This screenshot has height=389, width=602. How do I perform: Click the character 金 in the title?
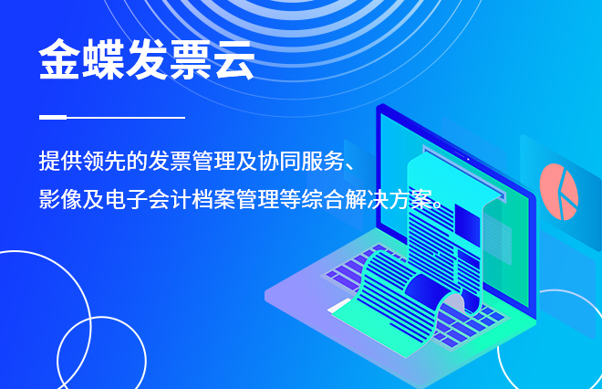[59, 59]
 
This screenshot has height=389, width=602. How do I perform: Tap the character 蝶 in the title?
[103, 59]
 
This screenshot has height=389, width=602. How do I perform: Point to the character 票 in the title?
[191, 59]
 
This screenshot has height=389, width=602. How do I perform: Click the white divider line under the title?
[112, 117]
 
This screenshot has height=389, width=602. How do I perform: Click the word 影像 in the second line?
[60, 199]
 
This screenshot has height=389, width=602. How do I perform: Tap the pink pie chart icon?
[558, 192]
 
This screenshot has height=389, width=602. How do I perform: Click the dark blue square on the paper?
[467, 225]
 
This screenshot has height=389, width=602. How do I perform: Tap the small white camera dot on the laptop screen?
[468, 159]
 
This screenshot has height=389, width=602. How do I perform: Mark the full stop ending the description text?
[437, 205]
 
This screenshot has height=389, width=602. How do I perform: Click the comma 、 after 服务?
[351, 166]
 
